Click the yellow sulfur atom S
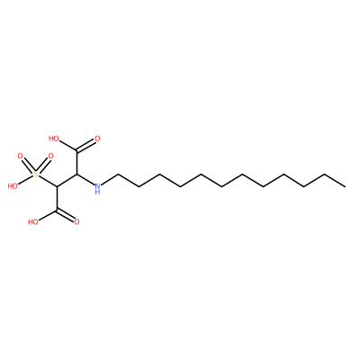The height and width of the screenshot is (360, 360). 36,175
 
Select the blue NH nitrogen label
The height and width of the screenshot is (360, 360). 97,189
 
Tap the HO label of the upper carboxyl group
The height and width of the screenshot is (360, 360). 54,139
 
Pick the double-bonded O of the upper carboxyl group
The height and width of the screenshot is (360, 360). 97,139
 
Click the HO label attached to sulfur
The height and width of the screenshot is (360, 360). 13,186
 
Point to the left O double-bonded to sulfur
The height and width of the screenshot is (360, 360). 21,156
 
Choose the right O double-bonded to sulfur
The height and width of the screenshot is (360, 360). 50,156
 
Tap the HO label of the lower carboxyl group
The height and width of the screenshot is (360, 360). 33,222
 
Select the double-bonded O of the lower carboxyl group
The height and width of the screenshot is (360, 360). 76,222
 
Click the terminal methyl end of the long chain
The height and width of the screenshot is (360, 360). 346,186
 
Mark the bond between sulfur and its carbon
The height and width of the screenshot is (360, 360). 48,181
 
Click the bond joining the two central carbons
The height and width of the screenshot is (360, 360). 67,181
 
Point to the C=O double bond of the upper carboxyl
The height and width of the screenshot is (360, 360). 85,145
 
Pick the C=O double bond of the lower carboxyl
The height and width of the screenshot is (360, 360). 65,216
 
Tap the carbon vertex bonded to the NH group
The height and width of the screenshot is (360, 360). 77,175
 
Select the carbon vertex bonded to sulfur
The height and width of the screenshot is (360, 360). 57,186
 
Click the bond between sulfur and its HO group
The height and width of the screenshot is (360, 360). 26,179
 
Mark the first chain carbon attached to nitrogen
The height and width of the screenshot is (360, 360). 118,175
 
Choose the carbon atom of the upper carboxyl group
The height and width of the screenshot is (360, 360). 77,150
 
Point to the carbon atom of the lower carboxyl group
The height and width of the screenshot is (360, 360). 57,211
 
